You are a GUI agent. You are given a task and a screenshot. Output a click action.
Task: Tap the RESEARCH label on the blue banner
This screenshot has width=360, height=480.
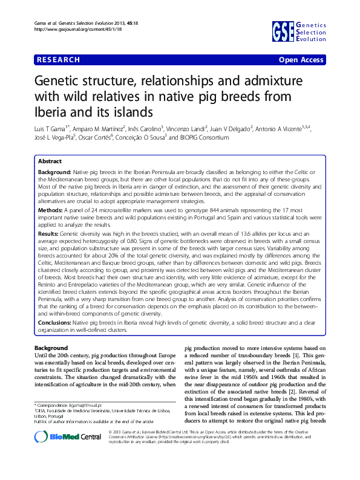click(58, 60)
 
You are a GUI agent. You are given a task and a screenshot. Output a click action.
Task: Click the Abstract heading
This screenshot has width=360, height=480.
click(50, 161)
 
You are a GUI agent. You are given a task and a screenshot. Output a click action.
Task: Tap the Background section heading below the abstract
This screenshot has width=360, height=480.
click(51, 349)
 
